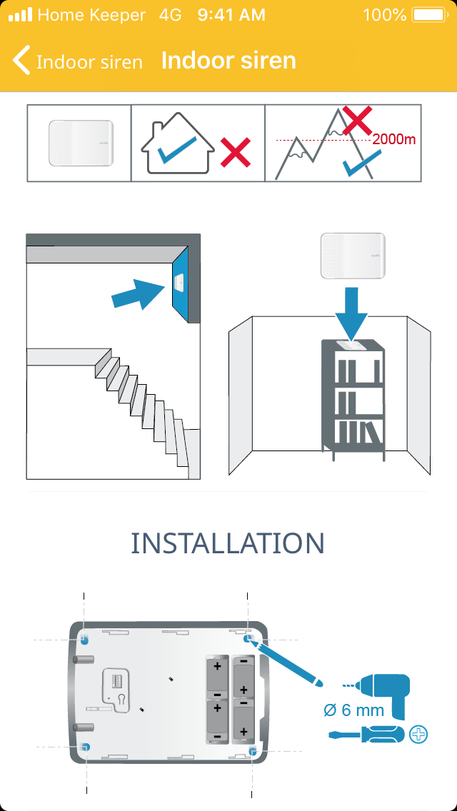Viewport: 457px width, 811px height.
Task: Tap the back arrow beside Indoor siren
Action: click(x=22, y=61)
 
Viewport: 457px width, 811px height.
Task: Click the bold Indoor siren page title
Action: click(x=228, y=61)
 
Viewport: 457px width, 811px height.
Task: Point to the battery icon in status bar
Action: click(x=428, y=14)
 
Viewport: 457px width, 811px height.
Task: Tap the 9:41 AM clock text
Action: click(x=230, y=14)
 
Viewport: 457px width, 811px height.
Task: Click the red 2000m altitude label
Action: click(x=393, y=140)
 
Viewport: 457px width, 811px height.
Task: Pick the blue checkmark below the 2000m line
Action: click(x=356, y=166)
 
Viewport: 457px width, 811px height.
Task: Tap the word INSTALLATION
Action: click(x=228, y=543)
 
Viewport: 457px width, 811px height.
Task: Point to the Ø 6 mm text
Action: click(x=353, y=710)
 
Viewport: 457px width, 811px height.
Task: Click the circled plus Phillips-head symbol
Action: click(x=419, y=733)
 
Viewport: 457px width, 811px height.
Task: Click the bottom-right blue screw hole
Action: click(x=253, y=750)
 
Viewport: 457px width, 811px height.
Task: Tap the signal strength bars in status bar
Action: click(x=20, y=14)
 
